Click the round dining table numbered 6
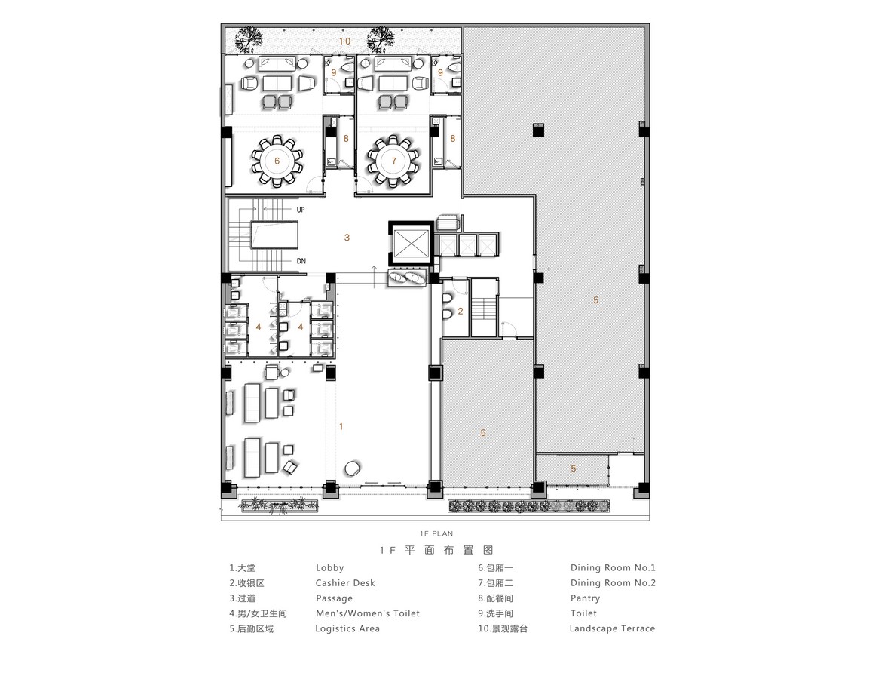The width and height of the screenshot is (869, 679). tap(277, 161)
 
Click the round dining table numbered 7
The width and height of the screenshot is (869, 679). tap(393, 161)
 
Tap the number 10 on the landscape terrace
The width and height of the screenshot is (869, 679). tap(344, 41)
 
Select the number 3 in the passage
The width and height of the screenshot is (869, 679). tap(347, 238)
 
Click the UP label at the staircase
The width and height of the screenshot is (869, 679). tap(301, 210)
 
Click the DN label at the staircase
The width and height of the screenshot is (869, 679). tap(301, 261)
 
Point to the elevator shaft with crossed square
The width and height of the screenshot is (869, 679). tap(411, 243)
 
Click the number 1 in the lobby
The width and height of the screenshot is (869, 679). tap(341, 426)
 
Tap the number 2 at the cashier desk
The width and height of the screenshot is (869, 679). tap(460, 311)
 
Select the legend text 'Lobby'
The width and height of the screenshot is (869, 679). tap(330, 567)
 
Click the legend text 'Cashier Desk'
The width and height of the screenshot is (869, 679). tap(345, 583)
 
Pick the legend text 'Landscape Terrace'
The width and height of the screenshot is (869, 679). tap(613, 628)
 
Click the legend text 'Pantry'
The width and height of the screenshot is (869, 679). tap(586, 598)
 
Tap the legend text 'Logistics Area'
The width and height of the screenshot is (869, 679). tap(347, 628)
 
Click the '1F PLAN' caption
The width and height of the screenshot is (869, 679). tap(436, 533)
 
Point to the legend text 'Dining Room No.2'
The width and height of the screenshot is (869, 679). tap(613, 583)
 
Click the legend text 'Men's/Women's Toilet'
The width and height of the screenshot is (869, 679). tap(368, 613)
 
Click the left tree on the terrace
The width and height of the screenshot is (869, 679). tap(248, 38)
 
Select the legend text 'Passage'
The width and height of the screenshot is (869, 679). tap(334, 598)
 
